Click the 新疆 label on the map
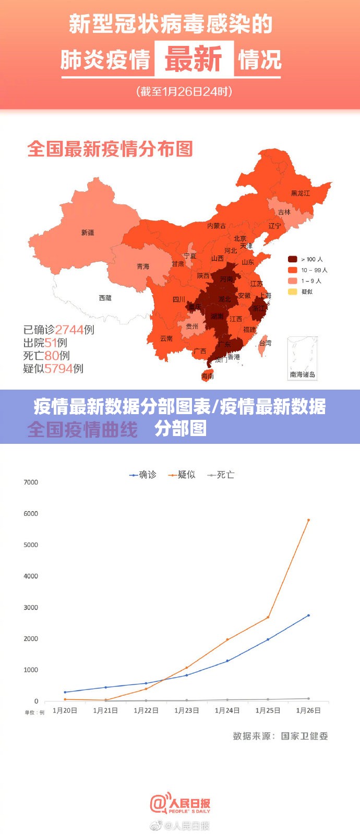click(88, 233)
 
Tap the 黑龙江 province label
click(300, 194)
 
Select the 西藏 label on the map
click(105, 298)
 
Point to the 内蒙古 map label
click(217, 226)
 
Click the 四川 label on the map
click(178, 299)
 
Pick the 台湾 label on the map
click(265, 343)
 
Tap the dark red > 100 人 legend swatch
click(293, 259)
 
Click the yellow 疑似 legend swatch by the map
click(293, 292)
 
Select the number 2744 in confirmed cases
click(69, 330)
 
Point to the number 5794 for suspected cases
click(58, 369)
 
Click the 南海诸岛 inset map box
click(303, 357)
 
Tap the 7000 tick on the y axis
click(31, 482)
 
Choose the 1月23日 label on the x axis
click(187, 710)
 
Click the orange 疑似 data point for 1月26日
click(308, 520)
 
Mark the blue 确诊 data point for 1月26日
click(308, 615)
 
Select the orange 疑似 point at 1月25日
click(268, 618)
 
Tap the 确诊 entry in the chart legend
click(143, 475)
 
